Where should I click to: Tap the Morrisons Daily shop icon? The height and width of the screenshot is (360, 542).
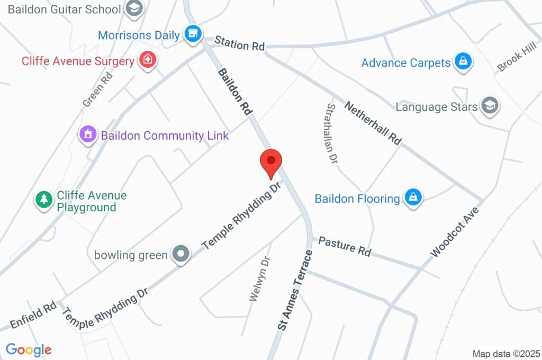193,34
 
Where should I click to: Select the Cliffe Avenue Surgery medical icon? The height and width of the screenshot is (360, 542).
148,60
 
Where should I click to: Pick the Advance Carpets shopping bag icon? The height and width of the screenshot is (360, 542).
463,62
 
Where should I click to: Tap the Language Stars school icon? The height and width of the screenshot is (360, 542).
491,106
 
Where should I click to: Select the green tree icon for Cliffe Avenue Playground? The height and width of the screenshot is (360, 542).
43,200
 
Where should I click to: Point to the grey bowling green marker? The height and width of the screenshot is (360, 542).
181,254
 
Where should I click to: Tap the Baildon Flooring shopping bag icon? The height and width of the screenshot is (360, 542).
412,198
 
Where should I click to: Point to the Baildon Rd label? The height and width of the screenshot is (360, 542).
234,92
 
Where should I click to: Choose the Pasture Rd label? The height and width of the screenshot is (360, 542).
345,247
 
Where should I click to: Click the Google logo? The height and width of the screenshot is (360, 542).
29,349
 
